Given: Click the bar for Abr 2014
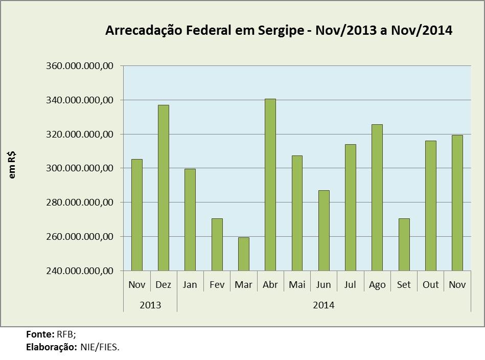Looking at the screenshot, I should coord(270,185).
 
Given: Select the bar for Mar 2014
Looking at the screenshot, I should coord(243,254).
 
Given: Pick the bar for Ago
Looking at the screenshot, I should coord(377,197).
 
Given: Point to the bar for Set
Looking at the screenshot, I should coord(404,244).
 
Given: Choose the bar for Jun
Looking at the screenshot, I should coord(324,230).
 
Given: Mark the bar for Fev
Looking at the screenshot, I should coord(217,244).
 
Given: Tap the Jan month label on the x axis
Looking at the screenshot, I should coord(190,285).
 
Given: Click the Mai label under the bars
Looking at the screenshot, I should coord(297,285).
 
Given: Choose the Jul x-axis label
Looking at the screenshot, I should coord(350,285).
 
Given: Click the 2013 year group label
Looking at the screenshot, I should coord(150,305).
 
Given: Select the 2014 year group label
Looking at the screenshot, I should coord(324,305).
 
